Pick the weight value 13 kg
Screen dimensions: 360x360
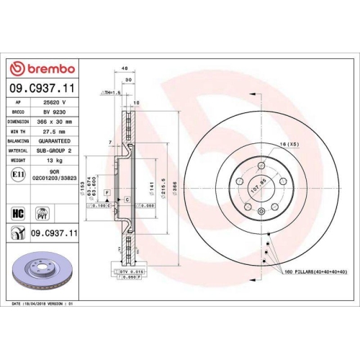click(55, 160)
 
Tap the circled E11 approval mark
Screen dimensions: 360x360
click(18, 174)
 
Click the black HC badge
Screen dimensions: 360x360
click(18, 213)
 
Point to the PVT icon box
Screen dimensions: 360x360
click(42, 213)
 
